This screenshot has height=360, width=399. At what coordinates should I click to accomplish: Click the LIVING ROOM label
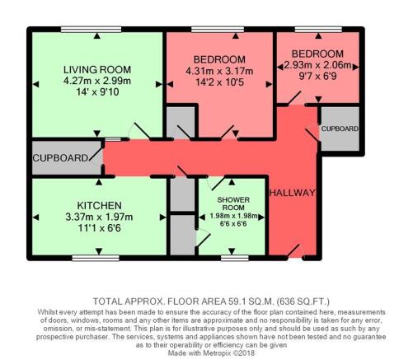pyautogui.click(x=97, y=69)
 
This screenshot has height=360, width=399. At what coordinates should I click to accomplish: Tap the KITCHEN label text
pyautogui.click(x=99, y=206)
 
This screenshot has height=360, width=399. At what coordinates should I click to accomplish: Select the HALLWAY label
pyautogui.click(x=293, y=193)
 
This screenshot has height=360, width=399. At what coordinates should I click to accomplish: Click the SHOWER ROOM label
pyautogui.click(x=233, y=203)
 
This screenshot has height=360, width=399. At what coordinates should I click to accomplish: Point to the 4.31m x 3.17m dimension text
pyautogui.click(x=219, y=71)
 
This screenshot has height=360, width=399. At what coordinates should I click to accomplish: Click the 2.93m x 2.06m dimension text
pyautogui.click(x=317, y=65)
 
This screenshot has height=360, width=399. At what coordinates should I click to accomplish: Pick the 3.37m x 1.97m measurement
pyautogui.click(x=99, y=217)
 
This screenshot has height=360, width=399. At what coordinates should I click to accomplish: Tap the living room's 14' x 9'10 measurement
pyautogui.click(x=97, y=91)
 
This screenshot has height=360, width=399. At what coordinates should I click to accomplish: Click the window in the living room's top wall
pyautogui.click(x=91, y=29)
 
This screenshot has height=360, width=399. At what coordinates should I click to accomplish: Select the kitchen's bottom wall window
pyautogui.click(x=96, y=258)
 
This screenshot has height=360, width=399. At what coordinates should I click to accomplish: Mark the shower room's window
pyautogui.click(x=235, y=258)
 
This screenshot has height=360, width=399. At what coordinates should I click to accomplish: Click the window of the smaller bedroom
pyautogui.click(x=318, y=29)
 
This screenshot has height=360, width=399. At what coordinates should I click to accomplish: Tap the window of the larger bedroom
pyautogui.click(x=218, y=29)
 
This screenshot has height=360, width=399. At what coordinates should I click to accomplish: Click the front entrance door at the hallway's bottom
pyautogui.click(x=294, y=252)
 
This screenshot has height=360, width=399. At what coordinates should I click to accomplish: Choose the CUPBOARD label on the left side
pyautogui.click(x=60, y=158)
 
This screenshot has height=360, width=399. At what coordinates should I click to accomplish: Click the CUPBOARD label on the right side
pyautogui.click(x=340, y=129)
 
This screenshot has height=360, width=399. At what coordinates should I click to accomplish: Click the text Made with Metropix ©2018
pyautogui.click(x=211, y=353)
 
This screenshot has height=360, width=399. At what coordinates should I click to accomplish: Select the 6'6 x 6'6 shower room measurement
pyautogui.click(x=233, y=223)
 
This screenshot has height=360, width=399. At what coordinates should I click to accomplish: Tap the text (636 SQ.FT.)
pyautogui.click(x=303, y=302)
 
